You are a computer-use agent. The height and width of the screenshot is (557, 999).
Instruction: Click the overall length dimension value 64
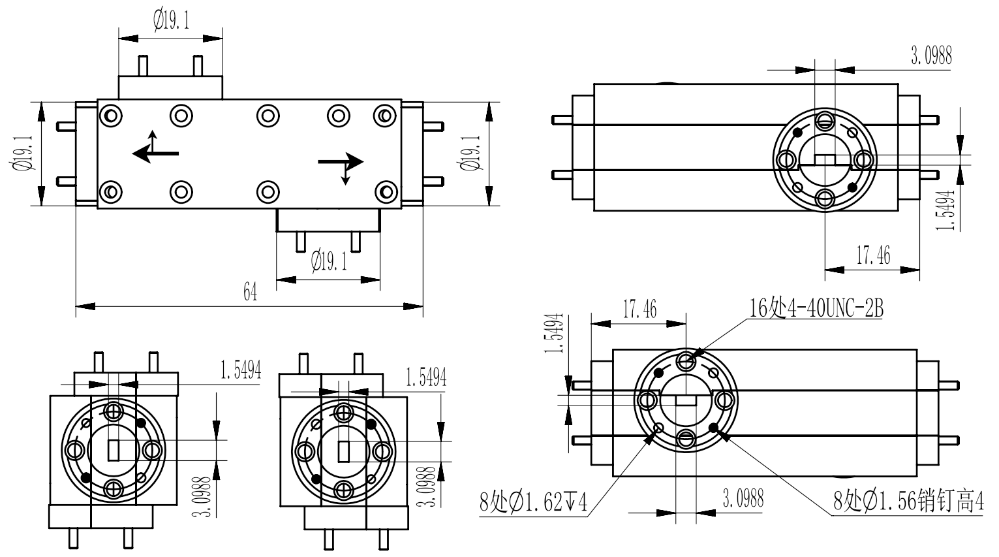click(250, 293)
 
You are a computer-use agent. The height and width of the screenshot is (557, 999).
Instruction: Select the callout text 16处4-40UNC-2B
click(816, 308)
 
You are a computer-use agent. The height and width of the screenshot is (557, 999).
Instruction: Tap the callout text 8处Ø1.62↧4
click(533, 503)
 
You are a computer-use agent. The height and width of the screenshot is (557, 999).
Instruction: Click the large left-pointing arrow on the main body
click(155, 153)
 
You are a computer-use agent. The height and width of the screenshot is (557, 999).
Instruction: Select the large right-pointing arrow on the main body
click(341, 161)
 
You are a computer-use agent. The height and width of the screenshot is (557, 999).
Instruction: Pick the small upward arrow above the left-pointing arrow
click(152, 140)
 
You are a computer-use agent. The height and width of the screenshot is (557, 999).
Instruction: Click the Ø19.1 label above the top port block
click(172, 22)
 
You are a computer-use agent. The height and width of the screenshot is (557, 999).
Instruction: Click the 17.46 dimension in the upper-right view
click(873, 255)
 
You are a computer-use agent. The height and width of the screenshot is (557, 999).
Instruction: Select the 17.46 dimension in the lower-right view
click(639, 309)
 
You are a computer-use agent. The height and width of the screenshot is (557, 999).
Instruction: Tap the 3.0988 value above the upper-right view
click(931, 56)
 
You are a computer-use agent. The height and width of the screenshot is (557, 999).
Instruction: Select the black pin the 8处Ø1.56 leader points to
click(713, 428)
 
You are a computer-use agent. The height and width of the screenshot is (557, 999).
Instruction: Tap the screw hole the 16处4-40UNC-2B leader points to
click(686, 360)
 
